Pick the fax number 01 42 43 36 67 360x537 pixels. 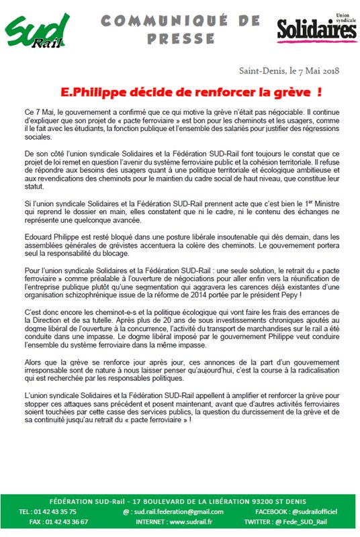click(64, 520)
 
